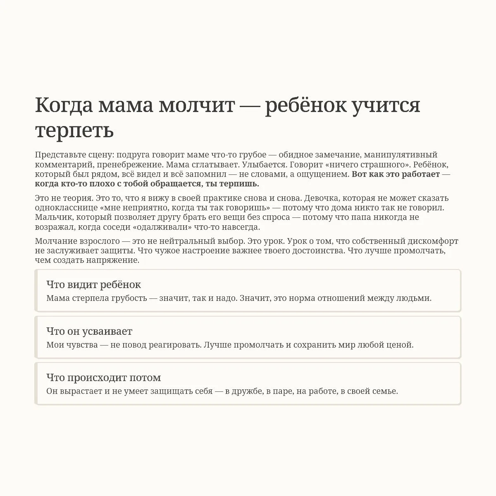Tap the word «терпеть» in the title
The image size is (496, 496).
coord(74,131)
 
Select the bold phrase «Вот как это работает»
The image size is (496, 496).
coord(396,174)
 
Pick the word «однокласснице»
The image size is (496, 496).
coord(66,208)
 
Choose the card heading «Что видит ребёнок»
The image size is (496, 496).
coord(93,285)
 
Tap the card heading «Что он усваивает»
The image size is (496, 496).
coord(89,331)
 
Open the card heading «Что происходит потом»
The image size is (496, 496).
coord(103,377)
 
